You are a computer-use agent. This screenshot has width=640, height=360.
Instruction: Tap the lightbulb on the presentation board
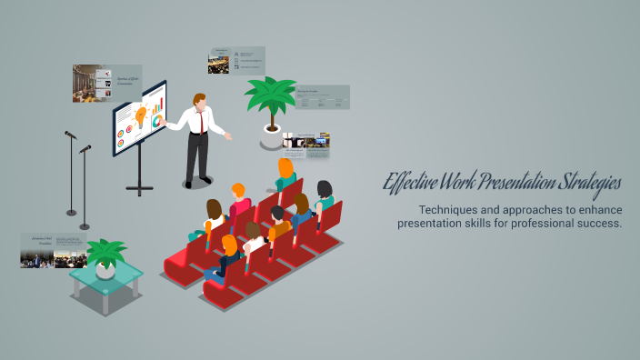141,115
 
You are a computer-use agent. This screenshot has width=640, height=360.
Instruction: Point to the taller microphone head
70,135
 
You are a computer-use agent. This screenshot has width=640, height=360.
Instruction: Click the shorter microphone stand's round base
85,225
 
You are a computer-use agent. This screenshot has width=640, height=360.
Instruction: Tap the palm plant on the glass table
105,253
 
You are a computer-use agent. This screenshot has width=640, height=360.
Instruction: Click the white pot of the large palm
272,137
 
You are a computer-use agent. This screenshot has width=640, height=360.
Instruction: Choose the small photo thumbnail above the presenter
218,63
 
